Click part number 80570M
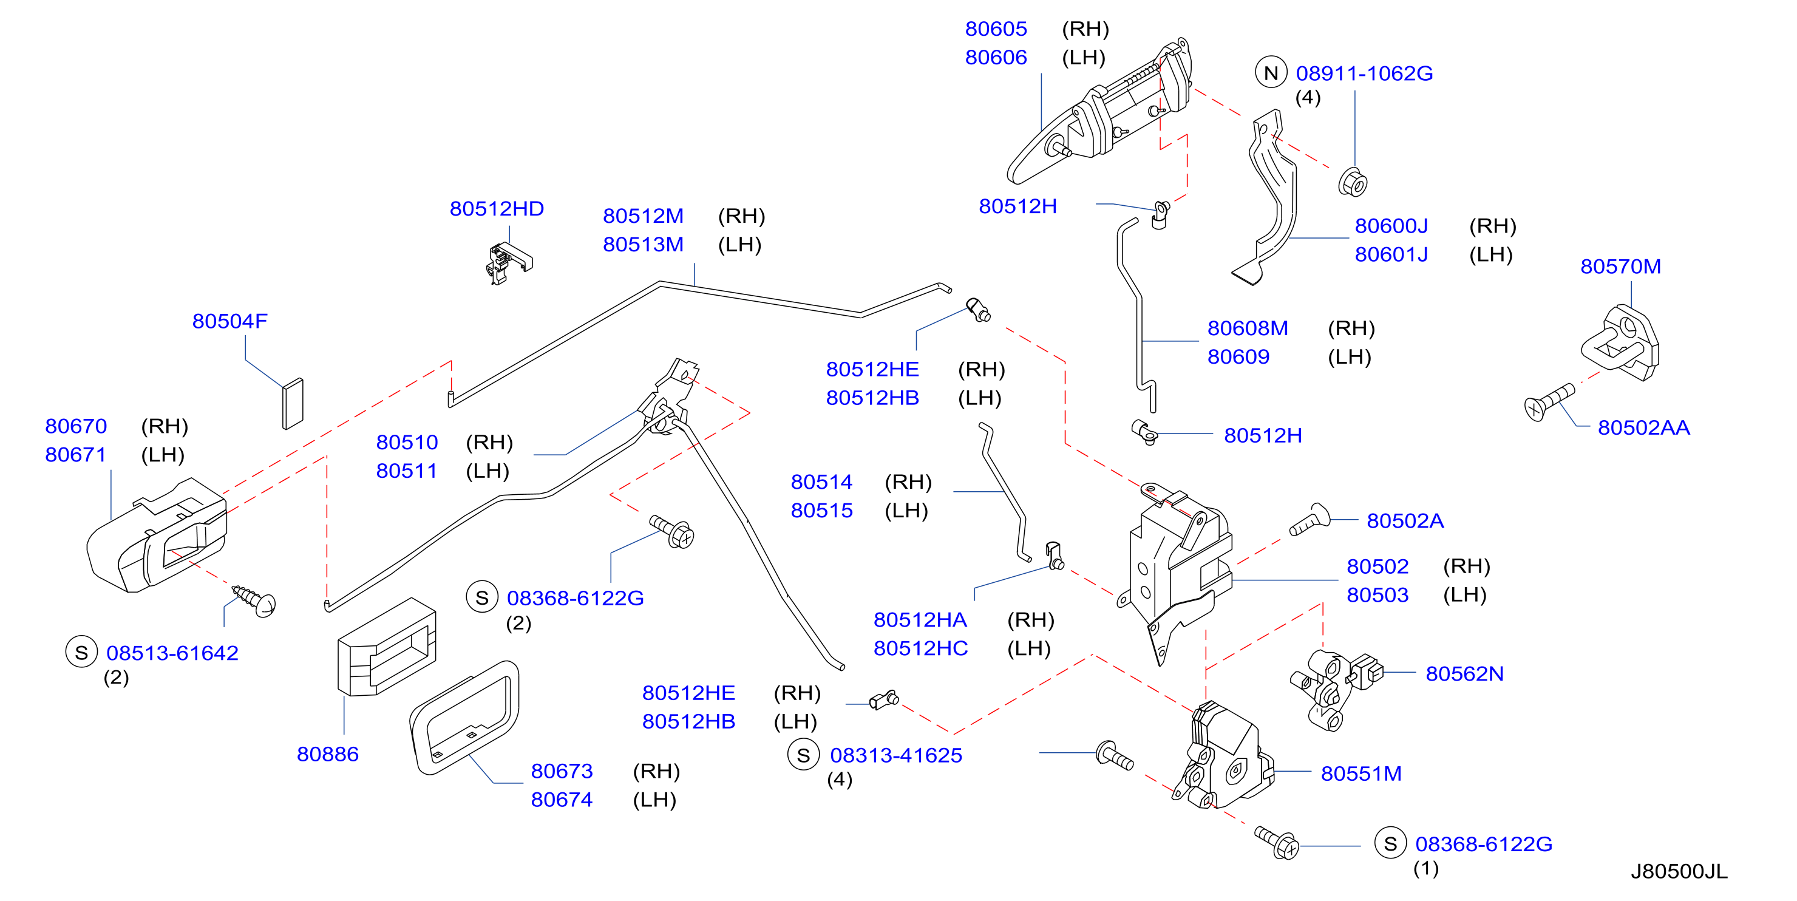pos(1620,267)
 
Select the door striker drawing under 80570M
pos(1619,342)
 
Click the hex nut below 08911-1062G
pos(1353,182)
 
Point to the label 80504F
pos(229,321)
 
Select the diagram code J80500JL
pos(1679,872)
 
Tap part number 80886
pos(327,755)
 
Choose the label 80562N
pos(1464,674)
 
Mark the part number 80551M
pos(1361,774)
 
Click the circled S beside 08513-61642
pos(81,652)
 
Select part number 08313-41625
pos(895,755)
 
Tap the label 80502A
pos(1405,522)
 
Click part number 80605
pos(996,29)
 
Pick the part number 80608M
pos(1248,328)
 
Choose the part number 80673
pos(562,771)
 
